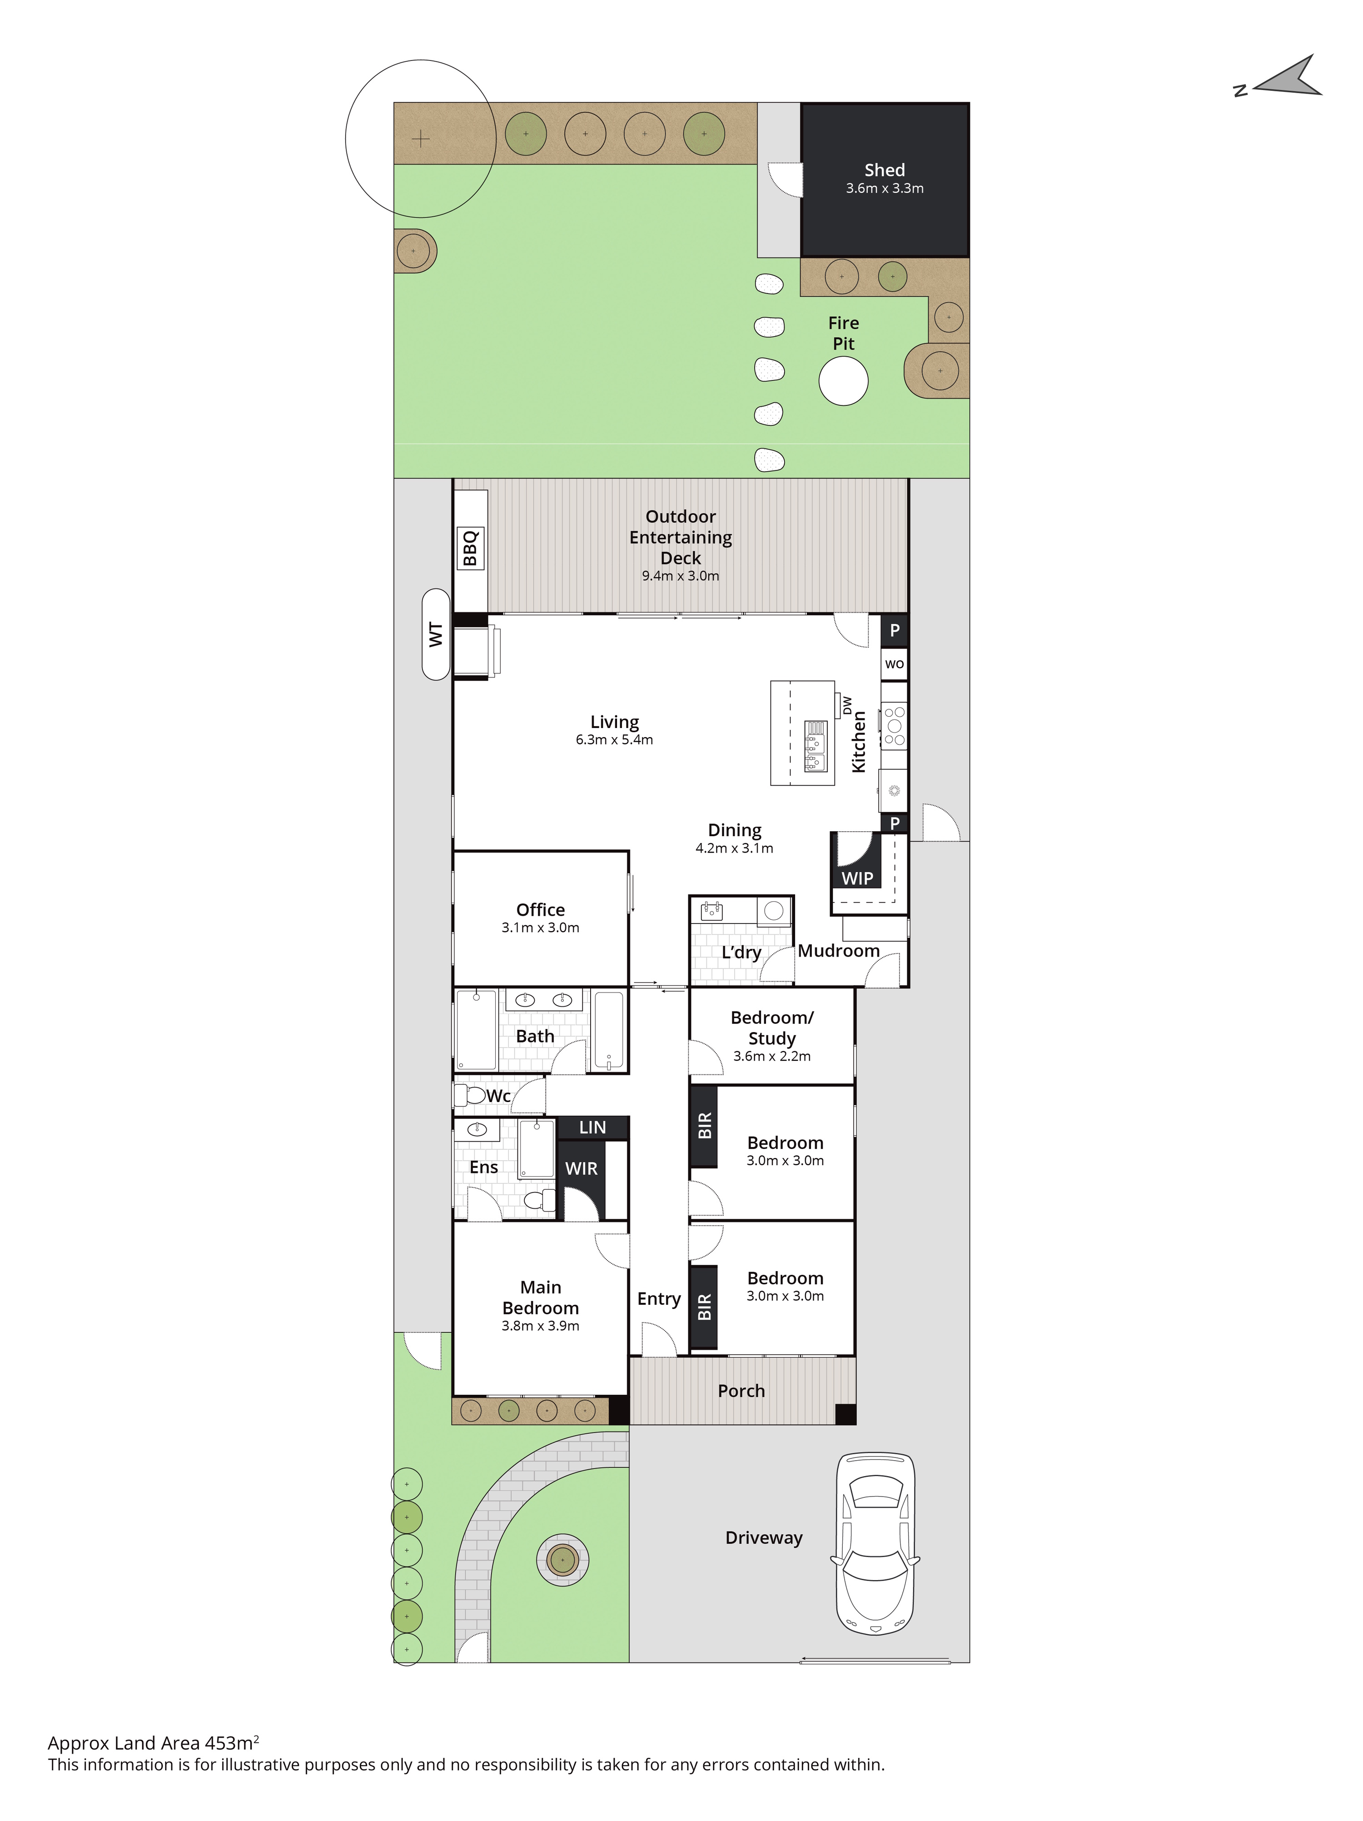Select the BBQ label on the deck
[470, 548]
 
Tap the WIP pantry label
[857, 878]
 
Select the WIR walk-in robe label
[581, 1168]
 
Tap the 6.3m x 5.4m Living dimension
[614, 739]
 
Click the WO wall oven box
[894, 664]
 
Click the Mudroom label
[839, 951]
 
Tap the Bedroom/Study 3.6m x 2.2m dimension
[772, 1056]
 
